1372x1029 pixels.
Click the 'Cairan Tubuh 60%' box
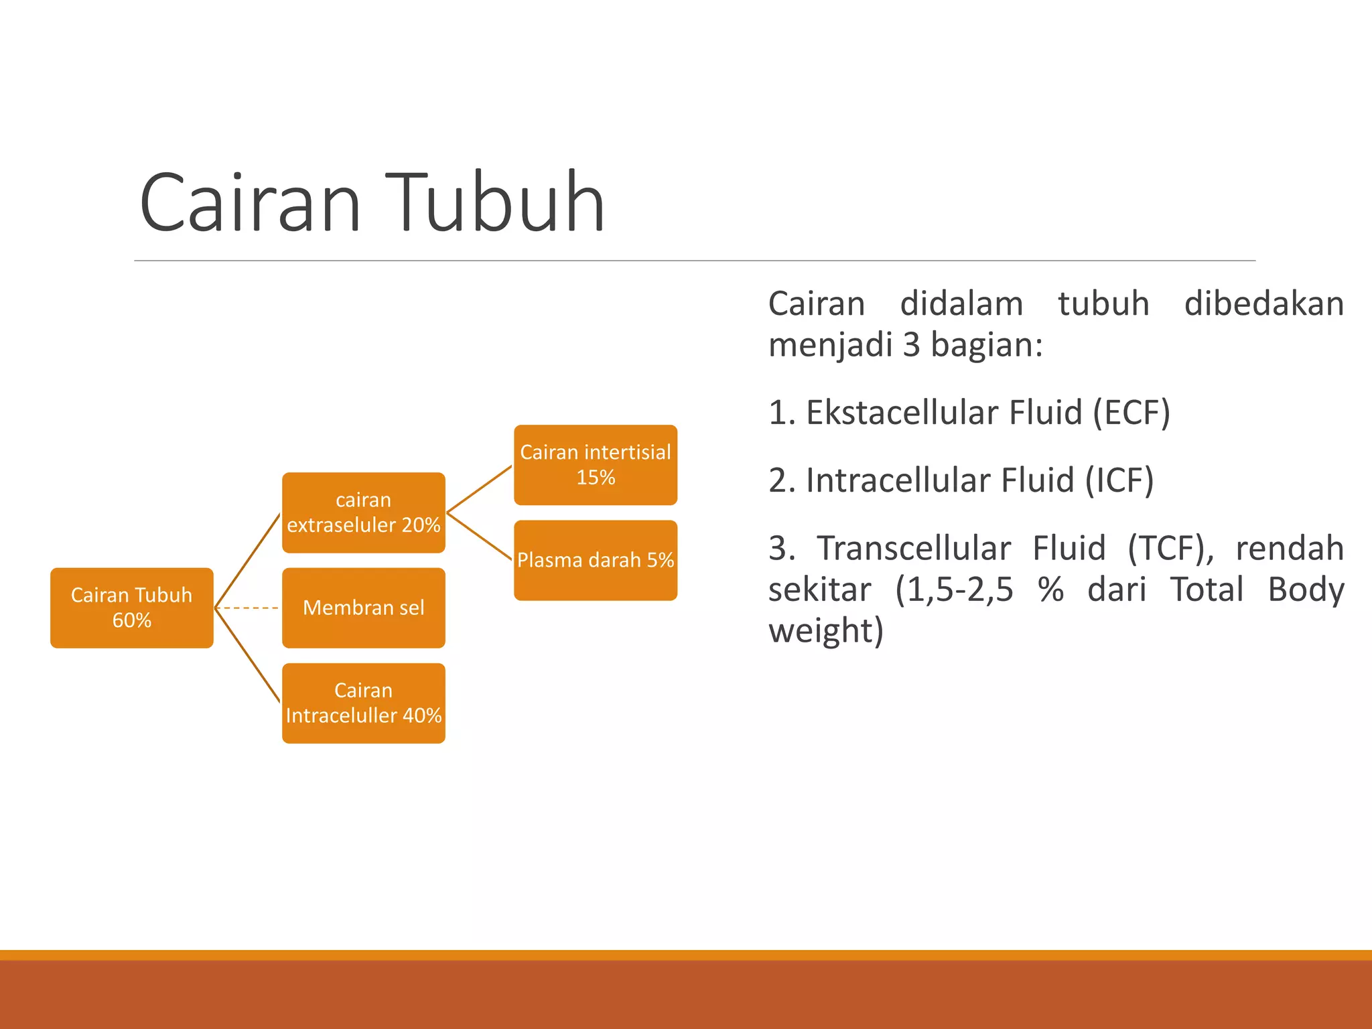(x=131, y=608)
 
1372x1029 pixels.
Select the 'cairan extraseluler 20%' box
(x=363, y=512)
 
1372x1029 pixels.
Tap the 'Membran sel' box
(x=363, y=608)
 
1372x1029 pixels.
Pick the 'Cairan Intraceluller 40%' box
(x=363, y=703)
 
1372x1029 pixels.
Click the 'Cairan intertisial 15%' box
(x=595, y=464)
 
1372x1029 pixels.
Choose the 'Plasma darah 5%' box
(x=595, y=560)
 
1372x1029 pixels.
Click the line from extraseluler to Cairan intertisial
(x=480, y=489)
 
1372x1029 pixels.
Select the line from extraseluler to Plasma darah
(x=480, y=536)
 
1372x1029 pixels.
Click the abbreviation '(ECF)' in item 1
(x=1131, y=412)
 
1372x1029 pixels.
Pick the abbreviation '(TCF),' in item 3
(x=1171, y=548)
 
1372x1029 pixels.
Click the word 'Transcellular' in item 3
(x=914, y=548)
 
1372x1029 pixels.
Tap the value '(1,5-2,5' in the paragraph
(x=954, y=590)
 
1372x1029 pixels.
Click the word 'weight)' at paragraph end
(x=826, y=631)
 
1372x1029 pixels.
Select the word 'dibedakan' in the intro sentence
(x=1263, y=303)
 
